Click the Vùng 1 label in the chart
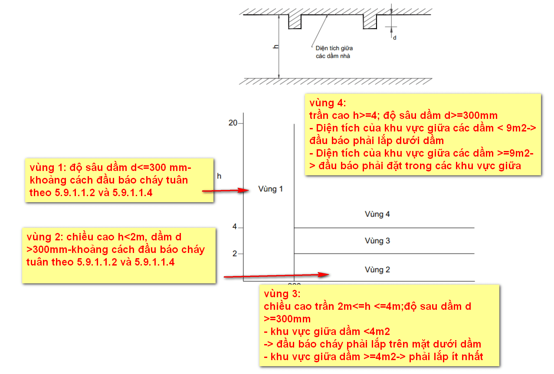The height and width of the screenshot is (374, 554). [270, 189]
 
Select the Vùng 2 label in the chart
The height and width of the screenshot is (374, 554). [377, 270]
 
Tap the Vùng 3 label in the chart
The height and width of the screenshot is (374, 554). [377, 241]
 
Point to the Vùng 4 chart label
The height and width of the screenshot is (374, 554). [377, 214]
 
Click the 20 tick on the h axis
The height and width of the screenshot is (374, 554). [233, 123]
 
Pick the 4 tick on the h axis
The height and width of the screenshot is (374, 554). [235, 227]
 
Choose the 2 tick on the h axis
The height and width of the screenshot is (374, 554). [235, 254]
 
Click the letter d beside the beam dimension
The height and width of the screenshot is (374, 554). [394, 38]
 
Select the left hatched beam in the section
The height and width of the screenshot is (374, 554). [295, 22]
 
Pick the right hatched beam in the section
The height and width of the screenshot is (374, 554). [370, 22]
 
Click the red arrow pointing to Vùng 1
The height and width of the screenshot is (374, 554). [223, 190]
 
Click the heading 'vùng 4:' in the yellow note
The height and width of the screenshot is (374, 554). [327, 104]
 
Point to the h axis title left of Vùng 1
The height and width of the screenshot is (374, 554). [219, 176]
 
